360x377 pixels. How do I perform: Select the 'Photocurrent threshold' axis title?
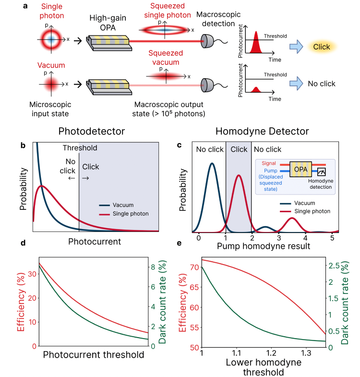94,355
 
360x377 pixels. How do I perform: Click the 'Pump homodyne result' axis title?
263,246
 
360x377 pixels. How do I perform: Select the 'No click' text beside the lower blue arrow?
321,84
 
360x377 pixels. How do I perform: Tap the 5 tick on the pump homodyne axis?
332,237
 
